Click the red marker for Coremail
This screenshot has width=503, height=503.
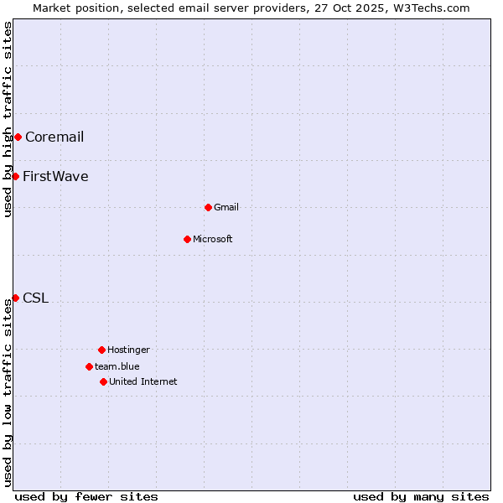pos(18,137)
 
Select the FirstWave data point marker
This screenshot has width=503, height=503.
pos(15,176)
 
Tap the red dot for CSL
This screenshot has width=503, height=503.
pos(15,298)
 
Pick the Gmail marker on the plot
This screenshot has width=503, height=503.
pos(208,207)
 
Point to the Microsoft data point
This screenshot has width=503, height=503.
pos(187,239)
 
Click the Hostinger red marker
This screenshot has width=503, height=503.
pos(101,350)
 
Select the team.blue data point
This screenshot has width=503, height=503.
pos(89,366)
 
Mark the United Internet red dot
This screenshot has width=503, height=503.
pos(103,381)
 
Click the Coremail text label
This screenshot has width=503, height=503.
pos(54,137)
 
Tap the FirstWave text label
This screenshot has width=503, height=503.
pos(55,177)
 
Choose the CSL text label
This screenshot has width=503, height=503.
pos(35,298)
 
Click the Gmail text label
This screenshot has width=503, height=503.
pos(226,208)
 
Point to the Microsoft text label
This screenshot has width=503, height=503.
pos(213,240)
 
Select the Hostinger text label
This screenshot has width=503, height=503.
pos(128,350)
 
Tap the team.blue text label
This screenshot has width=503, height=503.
pos(117,367)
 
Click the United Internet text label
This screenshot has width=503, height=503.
pos(143,382)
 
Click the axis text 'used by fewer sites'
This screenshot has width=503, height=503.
pos(86,496)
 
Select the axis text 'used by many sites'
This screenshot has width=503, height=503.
pos(421,496)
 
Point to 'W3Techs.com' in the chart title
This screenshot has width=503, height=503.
pos(431,8)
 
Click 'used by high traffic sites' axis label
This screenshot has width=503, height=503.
pos(8,119)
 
